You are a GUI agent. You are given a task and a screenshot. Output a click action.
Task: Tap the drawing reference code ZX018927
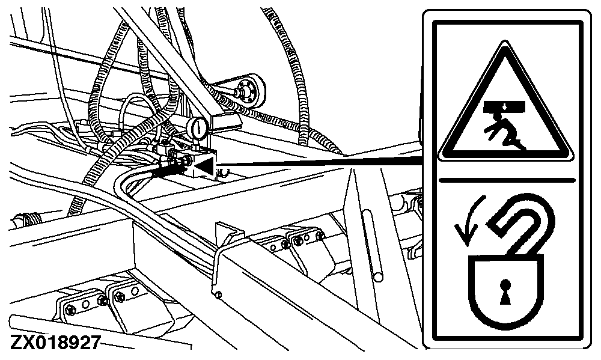[55, 343]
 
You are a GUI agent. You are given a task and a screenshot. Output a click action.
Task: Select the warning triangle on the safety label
[505, 103]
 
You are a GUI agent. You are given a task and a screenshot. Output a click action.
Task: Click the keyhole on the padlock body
[505, 291]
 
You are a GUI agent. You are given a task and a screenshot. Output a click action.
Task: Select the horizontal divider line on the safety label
[507, 179]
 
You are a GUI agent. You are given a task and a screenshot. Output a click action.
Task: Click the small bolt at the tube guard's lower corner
[218, 294]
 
